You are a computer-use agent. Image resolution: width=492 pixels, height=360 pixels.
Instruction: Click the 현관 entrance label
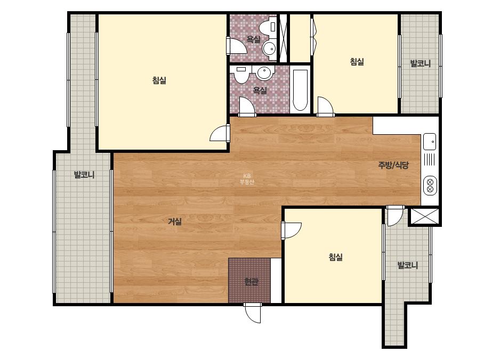coord(251,282)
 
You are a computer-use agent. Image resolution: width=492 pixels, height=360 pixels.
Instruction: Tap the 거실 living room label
coord(175,222)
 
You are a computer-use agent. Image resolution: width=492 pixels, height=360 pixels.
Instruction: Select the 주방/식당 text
coord(393,165)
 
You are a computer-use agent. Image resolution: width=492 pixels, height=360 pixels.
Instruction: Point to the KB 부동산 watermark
coord(247,179)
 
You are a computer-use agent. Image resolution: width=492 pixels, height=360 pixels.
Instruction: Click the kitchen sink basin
coord(430,142)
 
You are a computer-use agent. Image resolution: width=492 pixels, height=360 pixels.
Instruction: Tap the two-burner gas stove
coord(430,185)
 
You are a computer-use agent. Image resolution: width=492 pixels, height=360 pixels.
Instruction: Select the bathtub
coord(300,91)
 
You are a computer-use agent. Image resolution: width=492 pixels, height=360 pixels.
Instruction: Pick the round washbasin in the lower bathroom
coord(264,72)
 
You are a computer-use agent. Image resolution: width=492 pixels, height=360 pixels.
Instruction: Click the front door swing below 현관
coord(253,313)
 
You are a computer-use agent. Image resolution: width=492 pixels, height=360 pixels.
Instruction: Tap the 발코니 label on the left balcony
coord(84,175)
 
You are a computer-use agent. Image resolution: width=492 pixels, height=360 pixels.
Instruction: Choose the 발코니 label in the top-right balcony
coord(421,63)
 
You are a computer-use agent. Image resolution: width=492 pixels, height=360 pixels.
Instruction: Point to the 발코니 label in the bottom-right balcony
coord(408,265)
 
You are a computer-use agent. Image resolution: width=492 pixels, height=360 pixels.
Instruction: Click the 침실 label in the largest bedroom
coord(159,80)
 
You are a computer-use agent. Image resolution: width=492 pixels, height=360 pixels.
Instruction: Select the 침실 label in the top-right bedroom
coord(357,61)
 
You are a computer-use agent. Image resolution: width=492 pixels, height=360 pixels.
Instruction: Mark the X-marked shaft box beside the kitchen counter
coord(424,216)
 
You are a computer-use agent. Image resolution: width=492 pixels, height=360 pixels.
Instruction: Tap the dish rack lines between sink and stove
coord(429,159)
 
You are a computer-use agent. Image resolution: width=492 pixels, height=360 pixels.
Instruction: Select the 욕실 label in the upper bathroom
coord(253,39)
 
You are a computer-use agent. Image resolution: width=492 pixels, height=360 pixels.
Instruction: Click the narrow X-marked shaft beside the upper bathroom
coord(284,38)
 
